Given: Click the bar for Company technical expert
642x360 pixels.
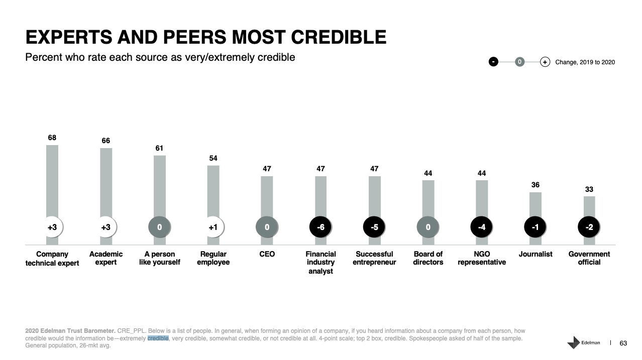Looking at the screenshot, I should (52, 181).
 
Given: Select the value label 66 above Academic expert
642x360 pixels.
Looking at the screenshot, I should (106, 141).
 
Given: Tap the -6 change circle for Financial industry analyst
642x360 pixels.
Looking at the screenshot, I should (320, 227).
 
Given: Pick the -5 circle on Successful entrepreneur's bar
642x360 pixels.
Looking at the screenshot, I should (374, 227).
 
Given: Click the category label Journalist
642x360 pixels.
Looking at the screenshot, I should (536, 254).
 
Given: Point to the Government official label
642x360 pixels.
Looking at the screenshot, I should (589, 258).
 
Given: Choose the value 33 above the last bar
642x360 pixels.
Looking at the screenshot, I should (589, 189).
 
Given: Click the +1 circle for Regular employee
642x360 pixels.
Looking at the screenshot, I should (213, 227).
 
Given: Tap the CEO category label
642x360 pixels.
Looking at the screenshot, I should (267, 254).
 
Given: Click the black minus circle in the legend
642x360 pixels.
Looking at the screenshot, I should (494, 62).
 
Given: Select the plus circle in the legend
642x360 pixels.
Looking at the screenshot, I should (545, 62).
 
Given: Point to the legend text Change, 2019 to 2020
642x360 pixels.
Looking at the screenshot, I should (585, 62).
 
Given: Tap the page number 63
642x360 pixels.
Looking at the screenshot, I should (623, 343).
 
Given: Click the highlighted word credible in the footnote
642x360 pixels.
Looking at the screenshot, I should (158, 338).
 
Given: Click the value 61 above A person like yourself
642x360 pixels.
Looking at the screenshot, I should (159, 148).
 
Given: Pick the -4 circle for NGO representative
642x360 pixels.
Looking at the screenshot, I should (482, 227).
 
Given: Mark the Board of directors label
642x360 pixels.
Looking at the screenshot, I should (428, 258).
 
